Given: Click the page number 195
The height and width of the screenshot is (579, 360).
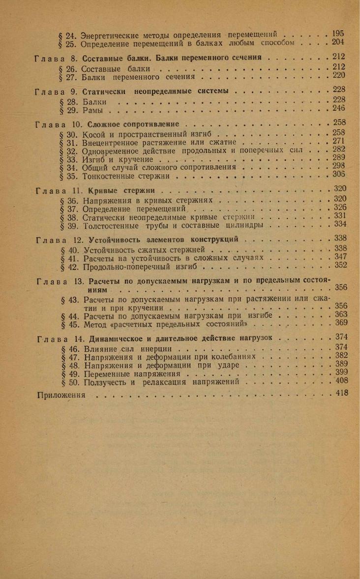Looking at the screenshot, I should [338, 33].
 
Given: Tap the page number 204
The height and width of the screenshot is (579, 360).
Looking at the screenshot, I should [338, 42].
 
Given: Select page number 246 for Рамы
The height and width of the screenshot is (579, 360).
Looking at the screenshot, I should [339, 108].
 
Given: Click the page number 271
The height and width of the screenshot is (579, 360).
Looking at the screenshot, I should [339, 141].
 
